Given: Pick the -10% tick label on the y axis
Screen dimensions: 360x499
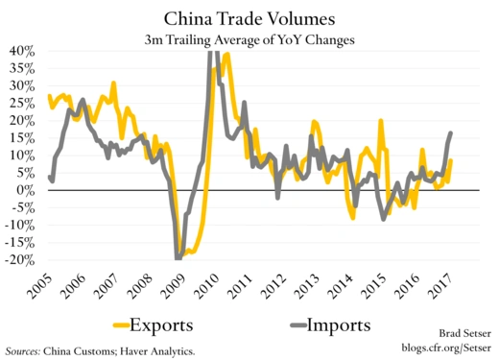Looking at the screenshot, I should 21,226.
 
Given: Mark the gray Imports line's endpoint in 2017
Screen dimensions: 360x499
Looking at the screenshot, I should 451,133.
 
